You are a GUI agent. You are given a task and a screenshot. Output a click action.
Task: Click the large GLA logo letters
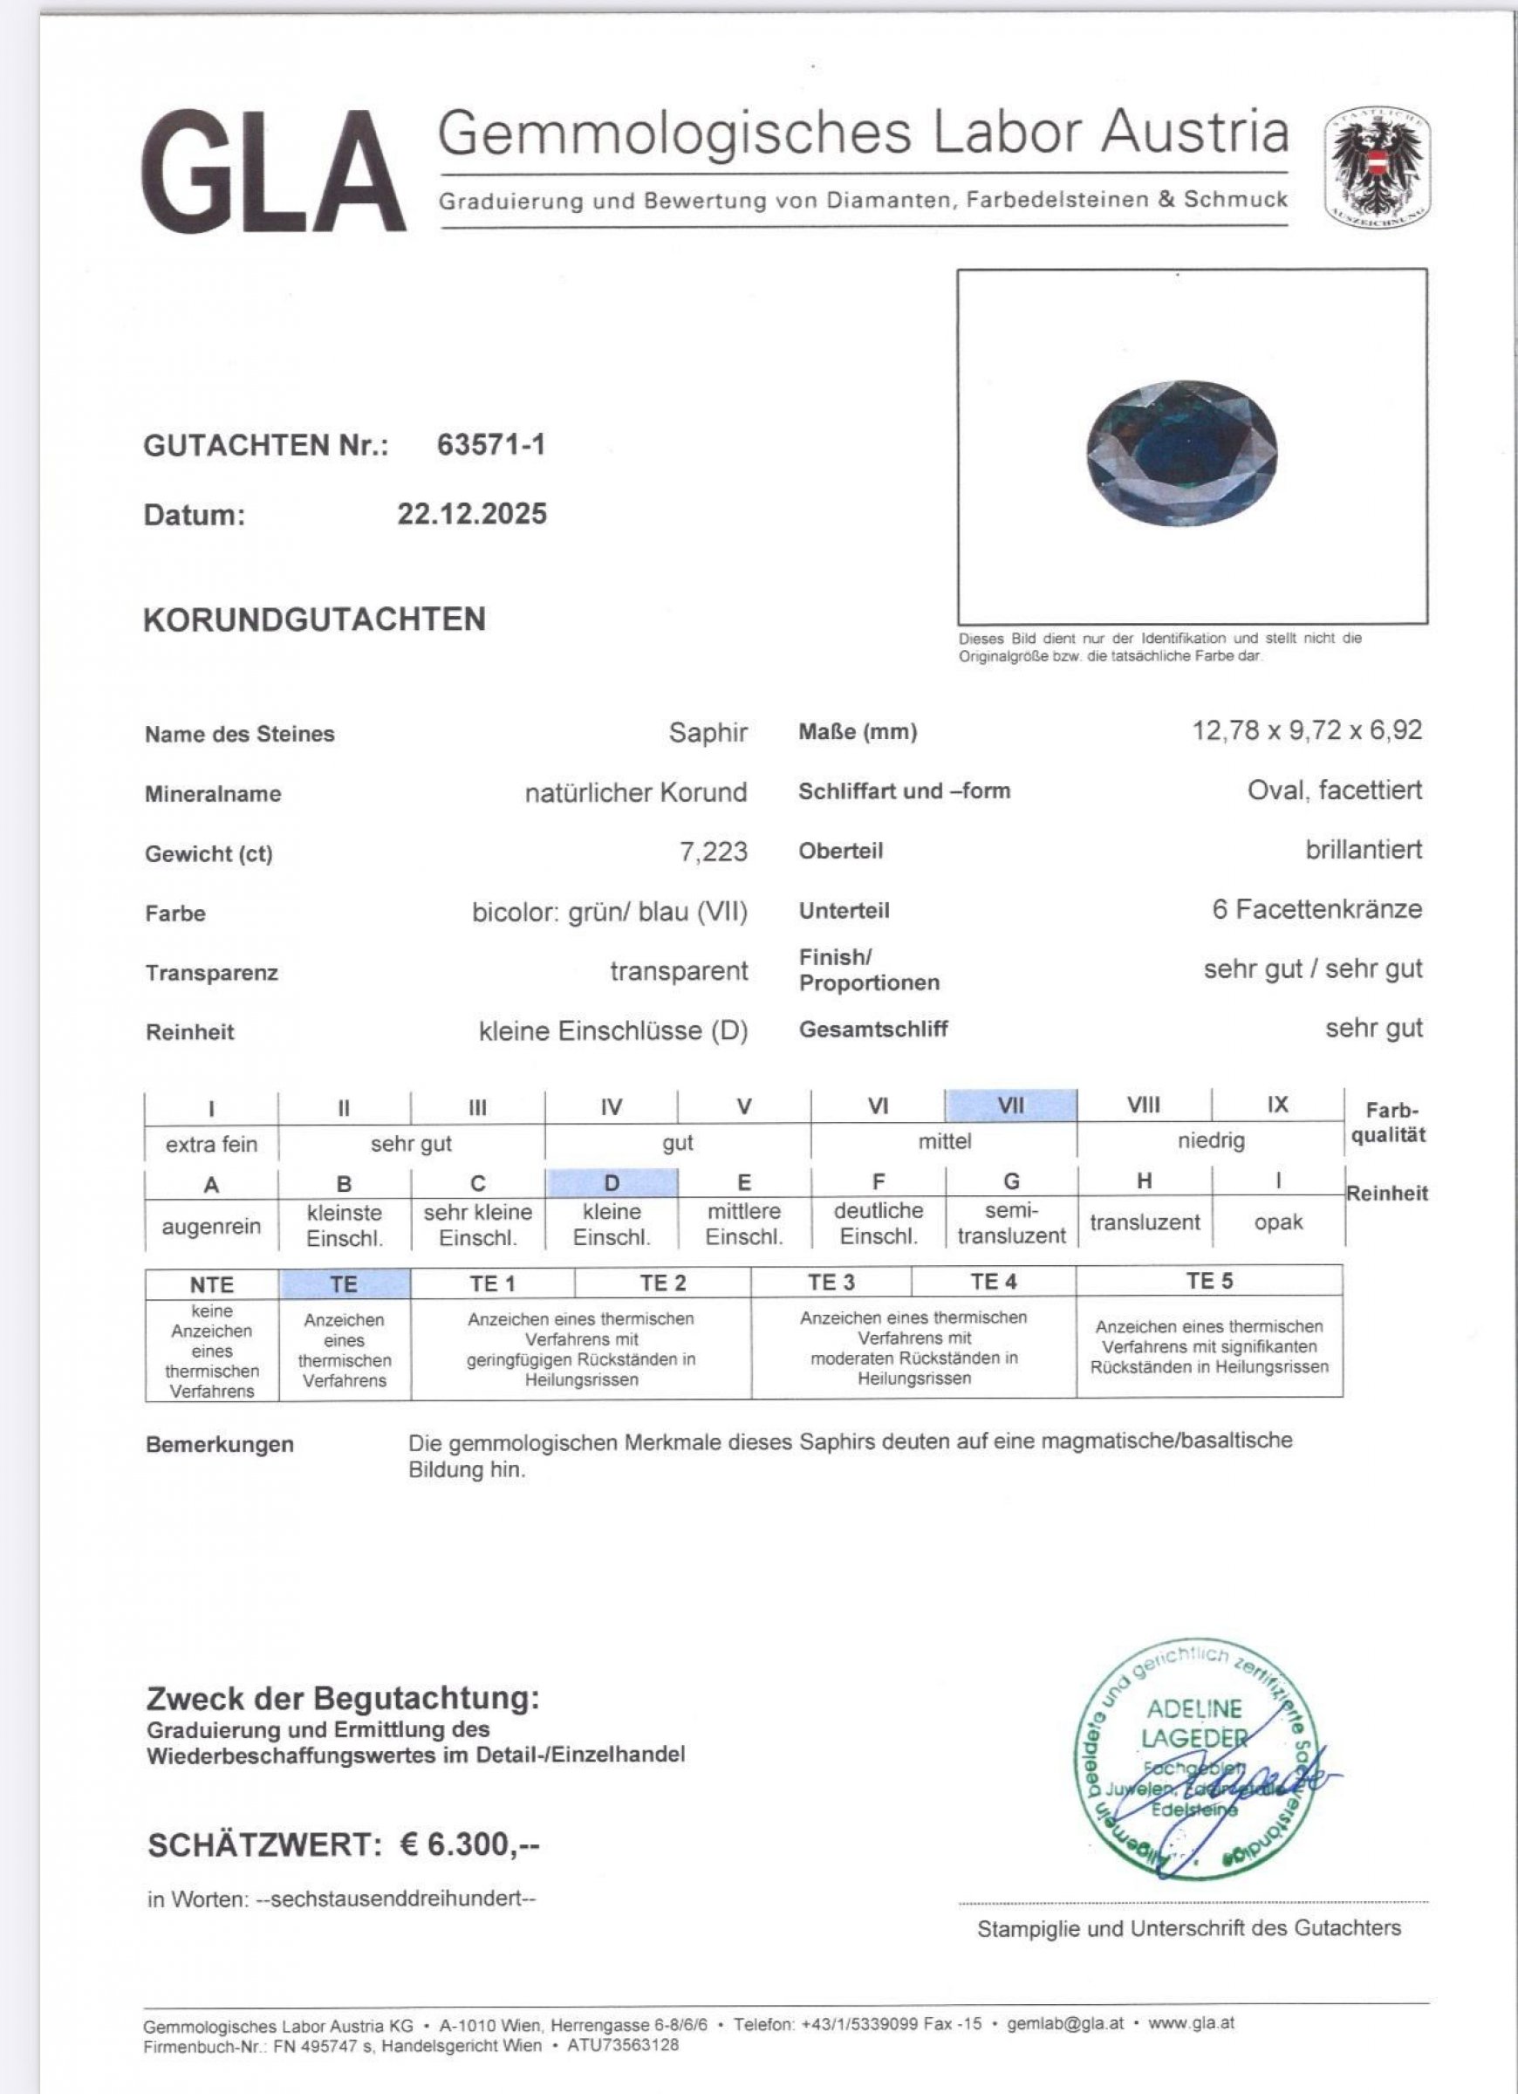pos(273,172)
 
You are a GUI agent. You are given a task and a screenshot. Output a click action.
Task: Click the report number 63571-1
pos(490,445)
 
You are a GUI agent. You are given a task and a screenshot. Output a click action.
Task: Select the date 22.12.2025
pos(472,514)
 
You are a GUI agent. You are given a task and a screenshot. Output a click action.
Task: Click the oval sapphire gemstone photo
pos(1182,454)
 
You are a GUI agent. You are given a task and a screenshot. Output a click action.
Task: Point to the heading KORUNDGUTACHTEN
pos(314,619)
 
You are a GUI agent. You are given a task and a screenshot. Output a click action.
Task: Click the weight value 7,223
pos(713,852)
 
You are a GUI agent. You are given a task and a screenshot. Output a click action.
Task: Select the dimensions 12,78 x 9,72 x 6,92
pos(1307,731)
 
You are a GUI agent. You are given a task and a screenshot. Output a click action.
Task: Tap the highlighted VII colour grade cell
pos(1010,1105)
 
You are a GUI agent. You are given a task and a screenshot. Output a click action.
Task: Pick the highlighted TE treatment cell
pos(344,1283)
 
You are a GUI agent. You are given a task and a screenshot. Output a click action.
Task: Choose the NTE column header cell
pos(211,1284)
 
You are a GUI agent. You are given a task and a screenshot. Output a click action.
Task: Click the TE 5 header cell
pos(1208,1281)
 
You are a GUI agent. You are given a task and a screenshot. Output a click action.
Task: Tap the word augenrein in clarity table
pos(211,1226)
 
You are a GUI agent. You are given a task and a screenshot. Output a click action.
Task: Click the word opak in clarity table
pos(1278,1222)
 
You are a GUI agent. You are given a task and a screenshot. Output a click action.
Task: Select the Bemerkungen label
pos(220,1444)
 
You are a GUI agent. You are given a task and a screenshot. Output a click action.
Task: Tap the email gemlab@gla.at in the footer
pos(1064,2023)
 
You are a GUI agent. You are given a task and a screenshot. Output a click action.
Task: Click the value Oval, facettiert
pos(1334,790)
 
